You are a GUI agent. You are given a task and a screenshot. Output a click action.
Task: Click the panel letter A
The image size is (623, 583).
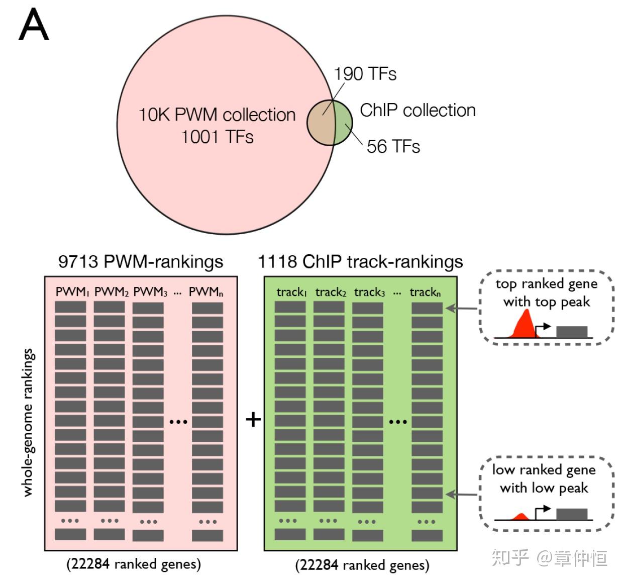[x=34, y=25]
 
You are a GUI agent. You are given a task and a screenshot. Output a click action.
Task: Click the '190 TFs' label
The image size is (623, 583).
[x=365, y=74]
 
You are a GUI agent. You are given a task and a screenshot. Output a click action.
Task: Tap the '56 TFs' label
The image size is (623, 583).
[x=393, y=147]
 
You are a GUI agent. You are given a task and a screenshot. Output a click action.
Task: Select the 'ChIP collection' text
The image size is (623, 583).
[x=418, y=110]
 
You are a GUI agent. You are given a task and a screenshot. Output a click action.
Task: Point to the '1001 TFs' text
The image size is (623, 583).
[x=217, y=137]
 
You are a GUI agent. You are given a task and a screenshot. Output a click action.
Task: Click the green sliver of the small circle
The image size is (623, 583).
[x=344, y=123]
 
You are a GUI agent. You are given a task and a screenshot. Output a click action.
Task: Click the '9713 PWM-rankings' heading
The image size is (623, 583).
[x=141, y=262]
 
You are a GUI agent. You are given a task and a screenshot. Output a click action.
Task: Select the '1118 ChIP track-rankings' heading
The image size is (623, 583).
[x=360, y=262]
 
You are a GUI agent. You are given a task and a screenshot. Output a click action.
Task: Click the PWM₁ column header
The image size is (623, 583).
[x=72, y=292]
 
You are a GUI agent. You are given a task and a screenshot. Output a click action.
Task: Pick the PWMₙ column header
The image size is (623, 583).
[x=206, y=292]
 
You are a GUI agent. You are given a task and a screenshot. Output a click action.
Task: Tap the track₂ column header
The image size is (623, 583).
[x=331, y=293]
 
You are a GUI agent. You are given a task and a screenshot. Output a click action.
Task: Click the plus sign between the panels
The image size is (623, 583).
[x=253, y=420]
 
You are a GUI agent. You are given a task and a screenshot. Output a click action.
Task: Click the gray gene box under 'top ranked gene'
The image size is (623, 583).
[x=572, y=332]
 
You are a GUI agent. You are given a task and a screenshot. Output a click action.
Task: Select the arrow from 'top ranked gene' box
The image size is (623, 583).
[x=461, y=309]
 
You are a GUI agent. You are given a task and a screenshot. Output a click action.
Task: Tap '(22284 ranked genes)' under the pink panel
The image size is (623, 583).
[x=134, y=564]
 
